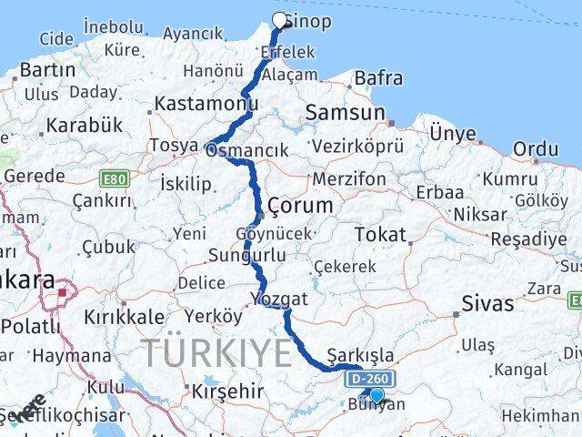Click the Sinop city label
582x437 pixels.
(308, 21)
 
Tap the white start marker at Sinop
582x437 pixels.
(279, 19)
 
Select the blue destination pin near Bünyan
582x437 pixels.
(376, 395)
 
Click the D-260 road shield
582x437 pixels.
(372, 378)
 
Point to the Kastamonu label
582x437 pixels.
(193, 104)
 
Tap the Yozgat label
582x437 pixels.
(282, 298)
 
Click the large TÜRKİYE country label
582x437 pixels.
(216, 351)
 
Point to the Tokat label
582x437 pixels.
(380, 234)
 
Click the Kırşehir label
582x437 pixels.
(227, 391)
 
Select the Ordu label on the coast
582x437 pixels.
(536, 147)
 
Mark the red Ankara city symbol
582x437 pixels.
(64, 292)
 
